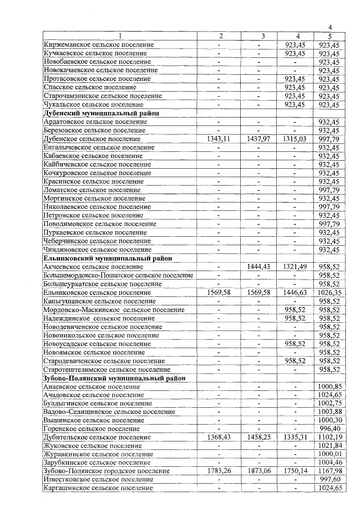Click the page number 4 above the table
pos(330,28)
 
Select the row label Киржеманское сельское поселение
pos(98,44)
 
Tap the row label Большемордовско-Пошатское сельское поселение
pos(118,276)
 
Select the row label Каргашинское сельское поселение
pos(98,488)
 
